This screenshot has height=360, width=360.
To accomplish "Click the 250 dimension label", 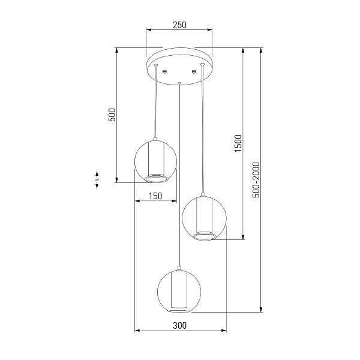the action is point(179,25).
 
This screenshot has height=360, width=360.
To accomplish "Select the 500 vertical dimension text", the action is point(112,115).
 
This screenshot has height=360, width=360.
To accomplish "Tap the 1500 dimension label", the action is point(238,143).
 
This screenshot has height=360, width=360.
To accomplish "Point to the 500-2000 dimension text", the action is point(256,180).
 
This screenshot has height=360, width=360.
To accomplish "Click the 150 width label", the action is point(155,196).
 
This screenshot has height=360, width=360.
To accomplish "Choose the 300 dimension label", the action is point(179,326).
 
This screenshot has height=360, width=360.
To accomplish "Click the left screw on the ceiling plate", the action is point(164,72).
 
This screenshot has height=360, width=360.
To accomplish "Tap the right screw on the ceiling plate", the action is point(194,72).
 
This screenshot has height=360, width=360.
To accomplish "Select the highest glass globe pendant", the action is point(155,161).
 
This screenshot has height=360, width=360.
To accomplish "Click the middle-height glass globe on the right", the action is point(204,218).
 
